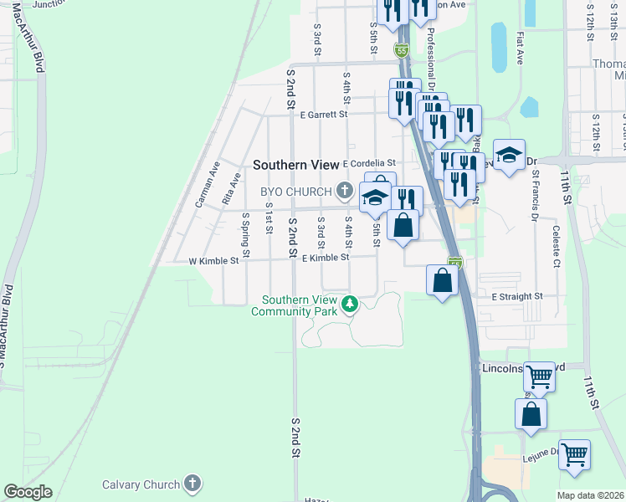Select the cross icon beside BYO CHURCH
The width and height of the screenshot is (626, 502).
point(343,192)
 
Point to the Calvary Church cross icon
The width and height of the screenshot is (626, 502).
point(192,484)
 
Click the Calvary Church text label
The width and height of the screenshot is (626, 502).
point(141,484)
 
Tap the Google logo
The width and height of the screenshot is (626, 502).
point(28,492)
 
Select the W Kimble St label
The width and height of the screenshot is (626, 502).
point(213,260)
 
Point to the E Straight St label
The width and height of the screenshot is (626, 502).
point(517,296)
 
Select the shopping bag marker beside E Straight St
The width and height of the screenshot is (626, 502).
point(443,280)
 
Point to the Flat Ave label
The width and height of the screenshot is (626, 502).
point(520,49)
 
